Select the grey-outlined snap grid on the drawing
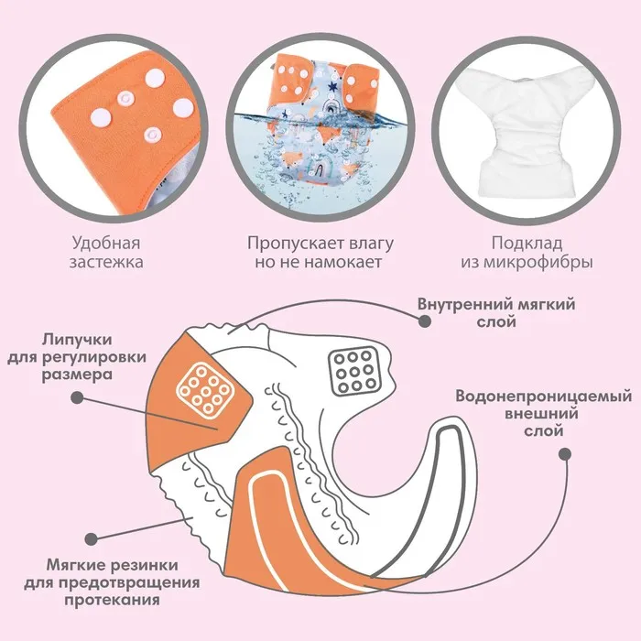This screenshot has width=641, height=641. (x=349, y=369)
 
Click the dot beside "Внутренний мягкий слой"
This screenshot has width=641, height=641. (x=423, y=321)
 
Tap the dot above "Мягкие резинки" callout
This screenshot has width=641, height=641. (x=89, y=541)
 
